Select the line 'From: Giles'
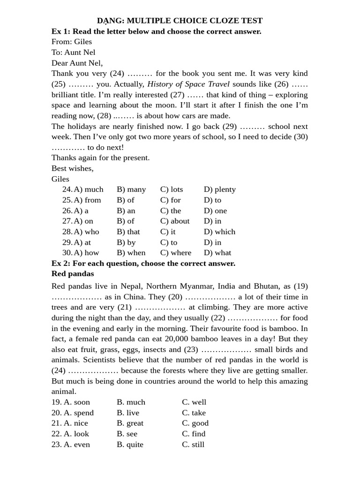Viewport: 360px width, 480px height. pos(72,42)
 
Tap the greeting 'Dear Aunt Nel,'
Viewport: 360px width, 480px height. pos(77,63)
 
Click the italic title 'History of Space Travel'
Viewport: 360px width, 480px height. pos(188,84)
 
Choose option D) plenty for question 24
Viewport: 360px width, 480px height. pos(219,189)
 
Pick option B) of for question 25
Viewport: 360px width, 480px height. pos(126,200)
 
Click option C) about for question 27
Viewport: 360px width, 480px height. pos(175,221)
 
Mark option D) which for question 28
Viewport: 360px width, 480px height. pos(219,232)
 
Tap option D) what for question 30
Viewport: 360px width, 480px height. pos(217,253)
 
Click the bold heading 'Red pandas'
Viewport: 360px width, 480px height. pos(73,274)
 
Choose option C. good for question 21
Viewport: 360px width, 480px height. pos(195,423)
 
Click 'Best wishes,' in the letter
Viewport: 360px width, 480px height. pos(73,168)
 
